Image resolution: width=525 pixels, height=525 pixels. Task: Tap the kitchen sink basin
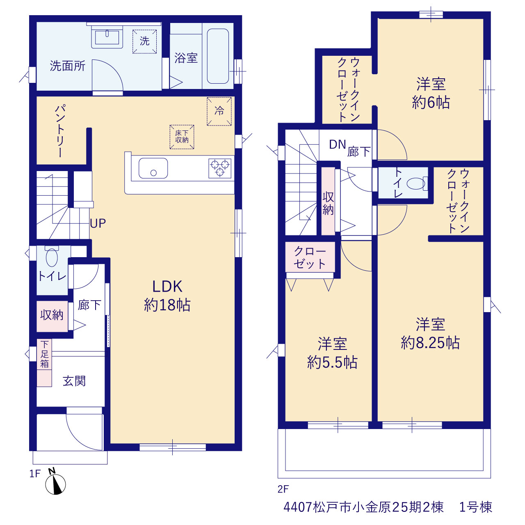[153, 168]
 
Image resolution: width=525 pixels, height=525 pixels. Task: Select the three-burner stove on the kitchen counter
[220, 169]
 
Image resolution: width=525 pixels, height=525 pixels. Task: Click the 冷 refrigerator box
[219, 112]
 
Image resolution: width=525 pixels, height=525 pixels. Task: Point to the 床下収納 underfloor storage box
[182, 137]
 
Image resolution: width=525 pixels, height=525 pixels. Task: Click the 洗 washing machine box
[144, 41]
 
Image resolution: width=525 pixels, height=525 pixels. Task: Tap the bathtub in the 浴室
[218, 56]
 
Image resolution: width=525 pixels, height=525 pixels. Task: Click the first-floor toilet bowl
[52, 257]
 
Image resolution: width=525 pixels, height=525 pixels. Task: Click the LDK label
[167, 286]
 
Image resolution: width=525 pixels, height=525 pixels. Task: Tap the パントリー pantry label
[60, 131]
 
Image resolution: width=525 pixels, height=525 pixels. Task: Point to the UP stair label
[98, 223]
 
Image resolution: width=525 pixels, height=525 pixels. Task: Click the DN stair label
[337, 145]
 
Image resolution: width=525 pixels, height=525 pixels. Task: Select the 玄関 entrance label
[74, 381]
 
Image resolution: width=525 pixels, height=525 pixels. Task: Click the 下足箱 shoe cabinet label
[44, 354]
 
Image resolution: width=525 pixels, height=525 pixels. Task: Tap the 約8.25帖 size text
[430, 343]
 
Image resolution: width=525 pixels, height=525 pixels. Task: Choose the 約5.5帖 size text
[332, 363]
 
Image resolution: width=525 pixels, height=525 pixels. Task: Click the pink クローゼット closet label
[310, 257]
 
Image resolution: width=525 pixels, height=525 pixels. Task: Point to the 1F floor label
[35, 474]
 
